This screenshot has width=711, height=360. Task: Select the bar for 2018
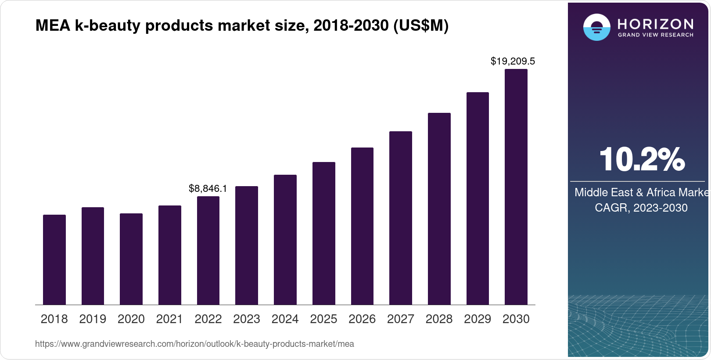(54, 259)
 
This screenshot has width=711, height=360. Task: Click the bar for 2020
(131, 259)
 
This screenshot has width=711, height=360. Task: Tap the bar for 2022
(208, 250)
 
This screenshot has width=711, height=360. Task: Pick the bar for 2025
(324, 233)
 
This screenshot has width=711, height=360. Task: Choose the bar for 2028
(439, 209)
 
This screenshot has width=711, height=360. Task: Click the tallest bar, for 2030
(516, 187)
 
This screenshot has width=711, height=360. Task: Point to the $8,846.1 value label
(208, 188)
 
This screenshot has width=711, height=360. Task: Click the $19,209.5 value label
(513, 61)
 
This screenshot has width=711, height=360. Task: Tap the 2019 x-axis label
(93, 319)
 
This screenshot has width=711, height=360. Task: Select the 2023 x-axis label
(247, 319)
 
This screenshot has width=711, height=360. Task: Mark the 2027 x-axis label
(401, 319)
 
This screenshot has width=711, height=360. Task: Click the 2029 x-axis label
(478, 319)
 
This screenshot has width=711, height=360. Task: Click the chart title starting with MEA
(242, 25)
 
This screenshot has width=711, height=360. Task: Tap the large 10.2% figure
(641, 159)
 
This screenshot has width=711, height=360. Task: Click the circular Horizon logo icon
(596, 27)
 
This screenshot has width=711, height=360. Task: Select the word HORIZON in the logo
(656, 24)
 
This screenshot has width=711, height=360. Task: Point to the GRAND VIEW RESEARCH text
(656, 35)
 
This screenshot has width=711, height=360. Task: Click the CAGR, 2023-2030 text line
(641, 208)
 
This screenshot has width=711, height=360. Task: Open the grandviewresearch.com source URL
(194, 344)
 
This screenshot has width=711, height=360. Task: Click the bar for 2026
(362, 226)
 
